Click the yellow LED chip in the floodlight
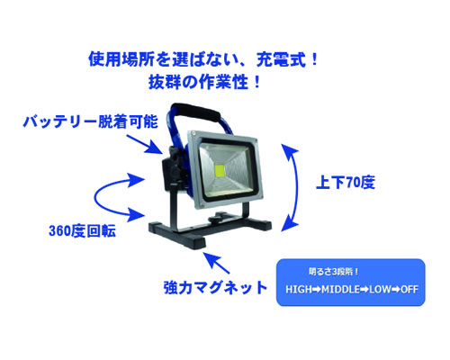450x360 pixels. [220, 170]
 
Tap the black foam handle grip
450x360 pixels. [196, 111]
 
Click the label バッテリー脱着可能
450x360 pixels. [91, 121]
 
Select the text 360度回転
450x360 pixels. [82, 231]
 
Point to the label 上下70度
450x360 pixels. [346, 182]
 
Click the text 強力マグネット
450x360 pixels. [215, 287]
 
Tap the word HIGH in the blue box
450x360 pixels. [299, 290]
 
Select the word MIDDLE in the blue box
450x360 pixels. [340, 290]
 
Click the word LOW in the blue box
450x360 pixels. [380, 290]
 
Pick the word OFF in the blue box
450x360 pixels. [409, 290]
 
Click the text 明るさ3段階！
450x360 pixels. [334, 272]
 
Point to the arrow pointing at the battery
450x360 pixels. [145, 145]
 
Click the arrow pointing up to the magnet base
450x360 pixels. [217, 263]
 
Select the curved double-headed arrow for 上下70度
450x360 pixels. [296, 187]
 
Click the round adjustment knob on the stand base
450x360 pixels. [219, 218]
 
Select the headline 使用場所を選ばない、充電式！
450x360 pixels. [203, 59]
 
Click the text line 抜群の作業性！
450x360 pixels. [205, 82]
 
